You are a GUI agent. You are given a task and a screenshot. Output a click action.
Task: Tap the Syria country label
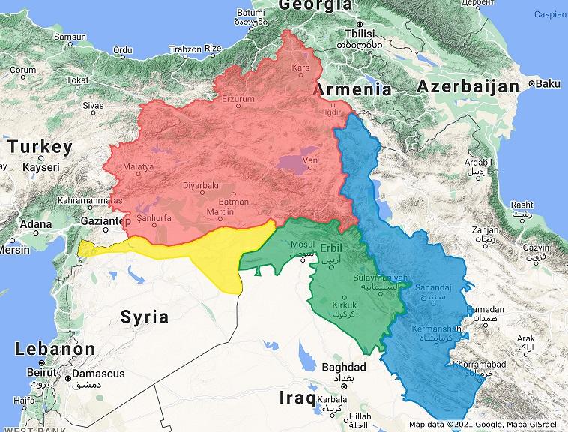click(x=145, y=316)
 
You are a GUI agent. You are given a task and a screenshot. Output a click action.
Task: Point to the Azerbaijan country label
click(x=468, y=86)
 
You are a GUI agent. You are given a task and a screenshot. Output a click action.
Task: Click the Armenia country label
click(x=352, y=89)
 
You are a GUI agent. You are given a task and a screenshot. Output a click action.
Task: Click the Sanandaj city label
click(x=440, y=287)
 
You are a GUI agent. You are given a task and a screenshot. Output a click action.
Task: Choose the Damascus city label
click(x=98, y=373)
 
